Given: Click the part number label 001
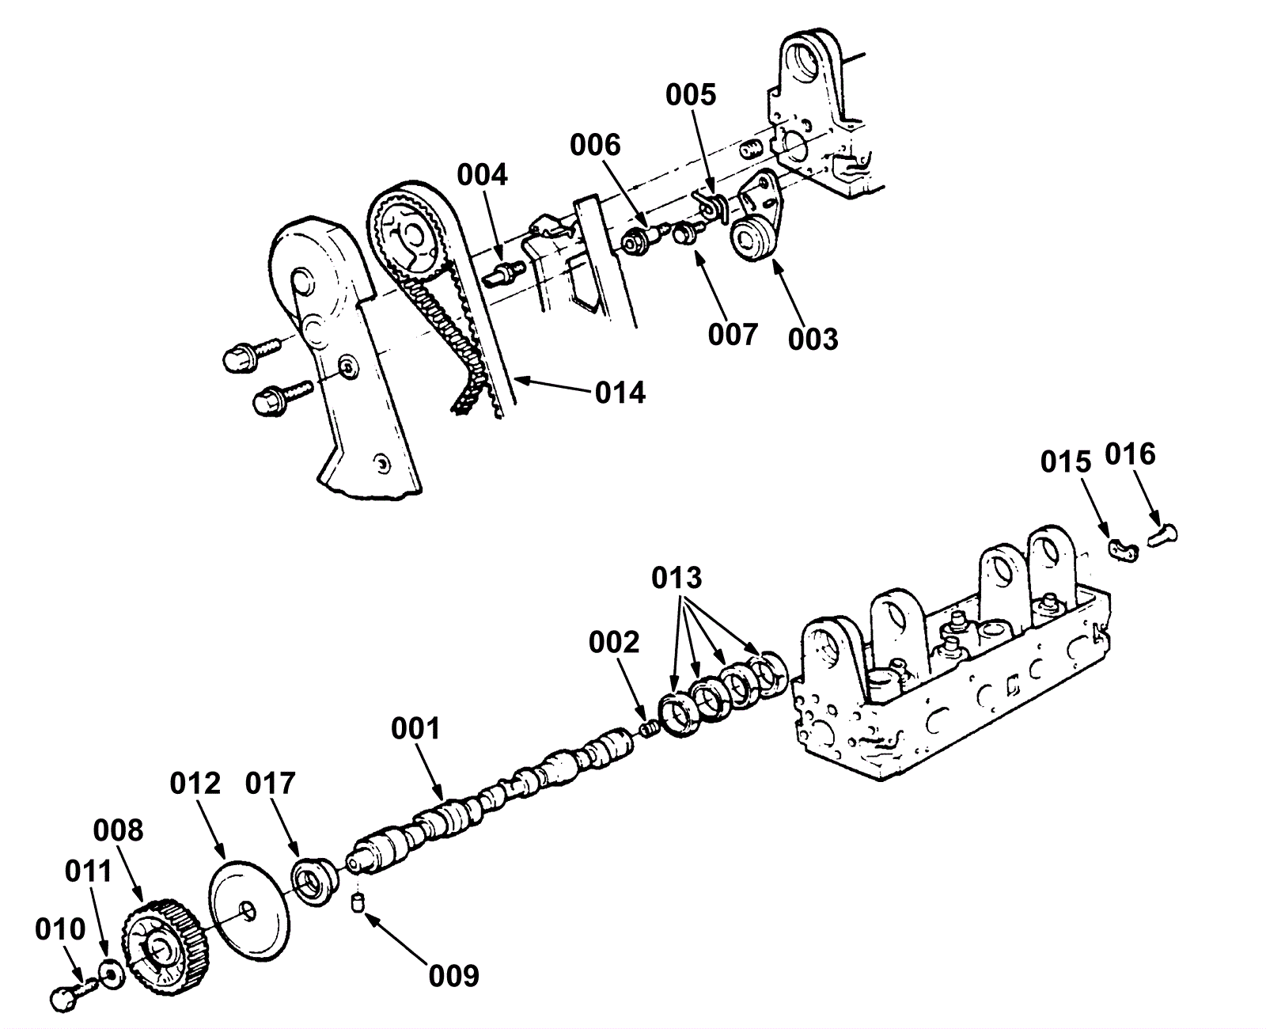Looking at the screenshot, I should click(415, 727).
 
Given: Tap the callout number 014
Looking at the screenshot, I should click(620, 392).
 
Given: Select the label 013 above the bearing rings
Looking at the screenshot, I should click(677, 578).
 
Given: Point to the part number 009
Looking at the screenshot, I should click(454, 975).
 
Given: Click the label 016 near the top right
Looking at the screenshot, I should click(1130, 454).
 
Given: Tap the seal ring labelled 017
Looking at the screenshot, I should click(313, 879).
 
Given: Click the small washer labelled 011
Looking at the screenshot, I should click(112, 970).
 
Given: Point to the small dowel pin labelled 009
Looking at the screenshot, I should click(357, 902).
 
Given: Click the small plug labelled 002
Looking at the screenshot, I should click(650, 728).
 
